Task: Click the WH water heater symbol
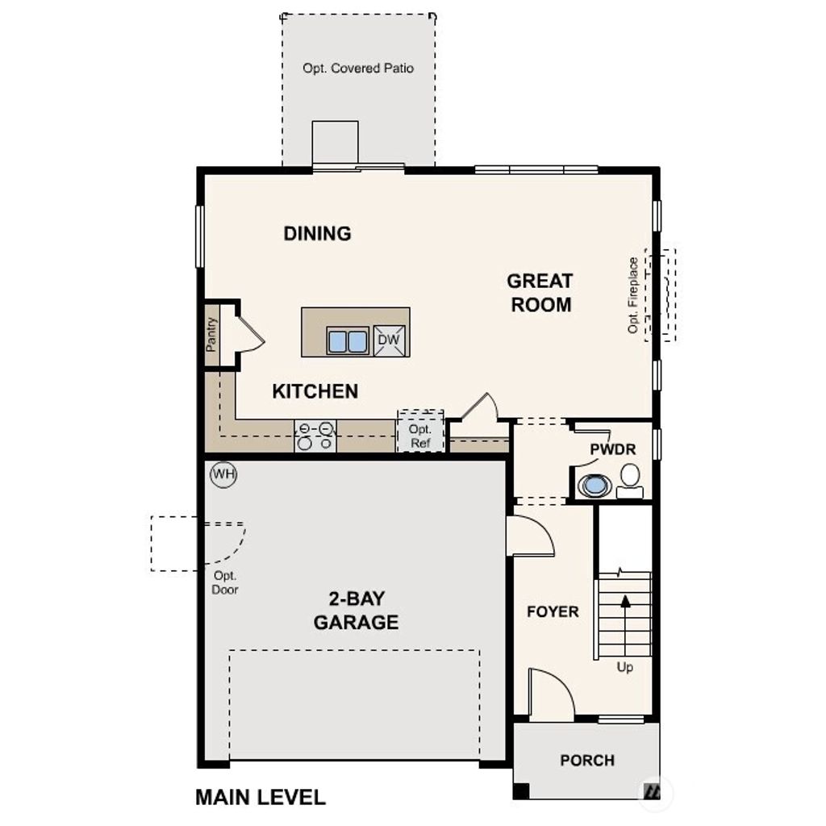click(x=223, y=474)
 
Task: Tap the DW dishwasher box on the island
click(x=389, y=340)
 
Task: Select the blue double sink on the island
click(x=348, y=341)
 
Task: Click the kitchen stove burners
click(x=315, y=436)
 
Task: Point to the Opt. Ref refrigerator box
click(x=420, y=436)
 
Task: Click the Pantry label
click(x=211, y=334)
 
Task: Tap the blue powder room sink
click(x=595, y=486)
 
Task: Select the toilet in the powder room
click(x=630, y=481)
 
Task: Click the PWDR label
click(x=613, y=449)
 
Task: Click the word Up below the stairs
click(x=625, y=667)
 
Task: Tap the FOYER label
click(x=553, y=611)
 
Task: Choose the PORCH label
click(x=587, y=760)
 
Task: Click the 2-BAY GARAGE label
click(x=356, y=611)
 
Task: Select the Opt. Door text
click(x=226, y=582)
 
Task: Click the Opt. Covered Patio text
click(x=358, y=69)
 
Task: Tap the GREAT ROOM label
click(x=540, y=293)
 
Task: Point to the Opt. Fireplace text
click(x=633, y=295)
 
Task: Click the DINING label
click(x=318, y=234)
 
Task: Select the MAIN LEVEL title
click(x=261, y=798)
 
